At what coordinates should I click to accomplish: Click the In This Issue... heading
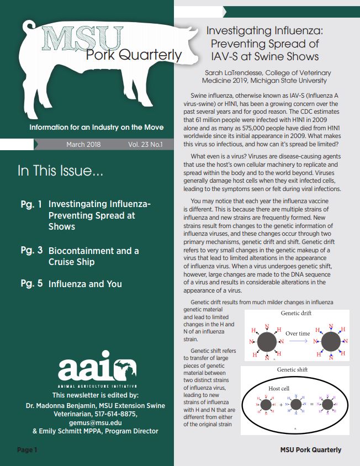60,172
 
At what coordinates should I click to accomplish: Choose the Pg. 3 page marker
31,250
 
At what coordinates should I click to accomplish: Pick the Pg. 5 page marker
31,284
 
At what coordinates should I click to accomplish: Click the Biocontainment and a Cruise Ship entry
93,256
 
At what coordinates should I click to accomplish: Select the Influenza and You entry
85,284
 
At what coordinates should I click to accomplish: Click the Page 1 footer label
27,450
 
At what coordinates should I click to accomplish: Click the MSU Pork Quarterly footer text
310,450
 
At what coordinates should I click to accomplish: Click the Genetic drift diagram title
295,314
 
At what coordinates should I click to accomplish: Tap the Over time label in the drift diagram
298,333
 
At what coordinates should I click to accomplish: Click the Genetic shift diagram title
295,369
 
